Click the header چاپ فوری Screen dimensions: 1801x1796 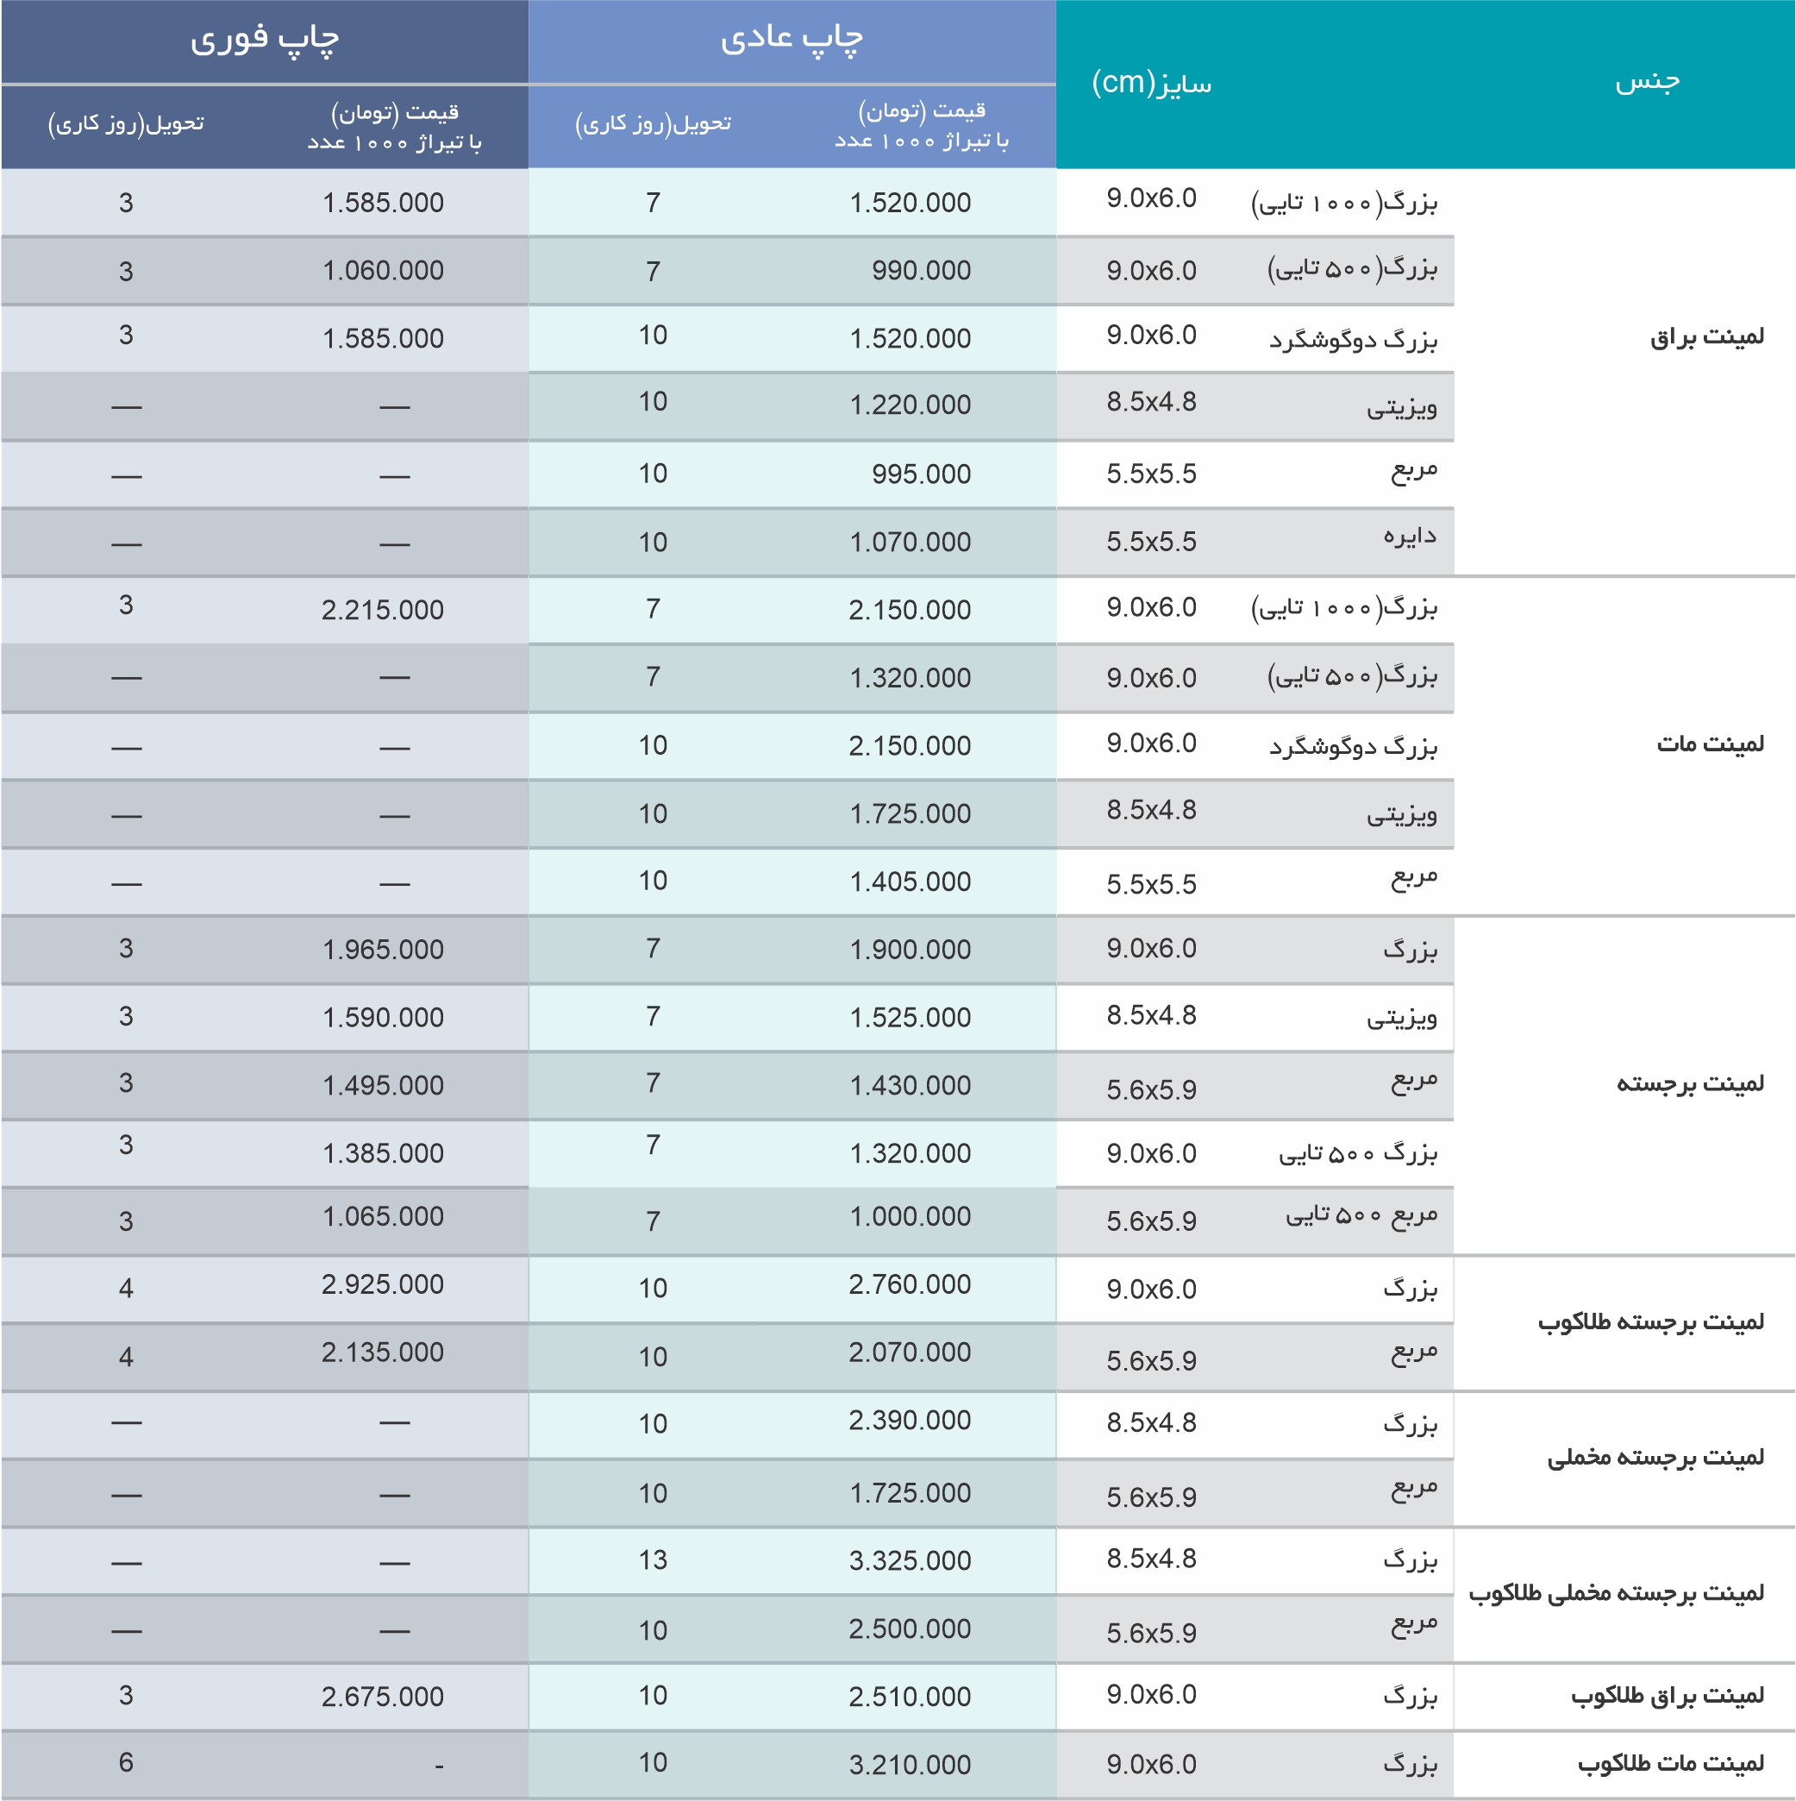pyautogui.click(x=265, y=40)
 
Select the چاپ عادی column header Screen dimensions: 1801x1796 pyautogui.click(x=792, y=40)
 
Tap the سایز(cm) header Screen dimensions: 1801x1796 pyautogui.click(x=1151, y=83)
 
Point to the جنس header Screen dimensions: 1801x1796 pyautogui.click(x=1647, y=81)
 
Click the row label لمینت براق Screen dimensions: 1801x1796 pyautogui.click(x=1706, y=336)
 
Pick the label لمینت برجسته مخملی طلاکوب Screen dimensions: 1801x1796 pyautogui.click(x=1616, y=1593)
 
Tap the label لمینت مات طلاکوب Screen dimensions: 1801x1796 pyautogui.click(x=1670, y=1764)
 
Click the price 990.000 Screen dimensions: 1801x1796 pyautogui.click(x=921, y=270)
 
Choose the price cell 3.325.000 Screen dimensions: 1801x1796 pyautogui.click(x=910, y=1560)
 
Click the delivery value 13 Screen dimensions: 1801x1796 pyautogui.click(x=653, y=1559)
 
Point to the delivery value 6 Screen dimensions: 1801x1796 pyautogui.click(x=126, y=1762)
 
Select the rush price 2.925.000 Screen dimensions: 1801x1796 pyautogui.click(x=382, y=1284)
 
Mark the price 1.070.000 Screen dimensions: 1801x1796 pyautogui.click(x=910, y=542)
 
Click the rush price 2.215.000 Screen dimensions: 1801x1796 pyautogui.click(x=382, y=610)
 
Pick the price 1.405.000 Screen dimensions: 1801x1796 pyautogui.click(x=910, y=881)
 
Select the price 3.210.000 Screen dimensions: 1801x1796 pyautogui.click(x=910, y=1765)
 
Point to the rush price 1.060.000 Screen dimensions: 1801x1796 pyautogui.click(x=382, y=270)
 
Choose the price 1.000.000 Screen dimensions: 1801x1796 pyautogui.click(x=910, y=1216)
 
